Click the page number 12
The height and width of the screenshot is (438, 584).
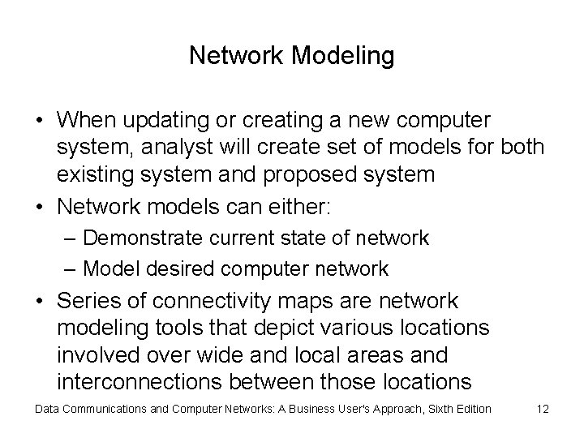coord(543,409)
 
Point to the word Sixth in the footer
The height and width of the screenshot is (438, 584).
coord(429,409)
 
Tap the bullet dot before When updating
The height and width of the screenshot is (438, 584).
coord(40,122)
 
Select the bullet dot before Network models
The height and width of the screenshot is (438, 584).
coord(40,208)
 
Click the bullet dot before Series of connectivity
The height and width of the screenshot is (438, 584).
coord(40,303)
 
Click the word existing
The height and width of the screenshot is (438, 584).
coord(91,174)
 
